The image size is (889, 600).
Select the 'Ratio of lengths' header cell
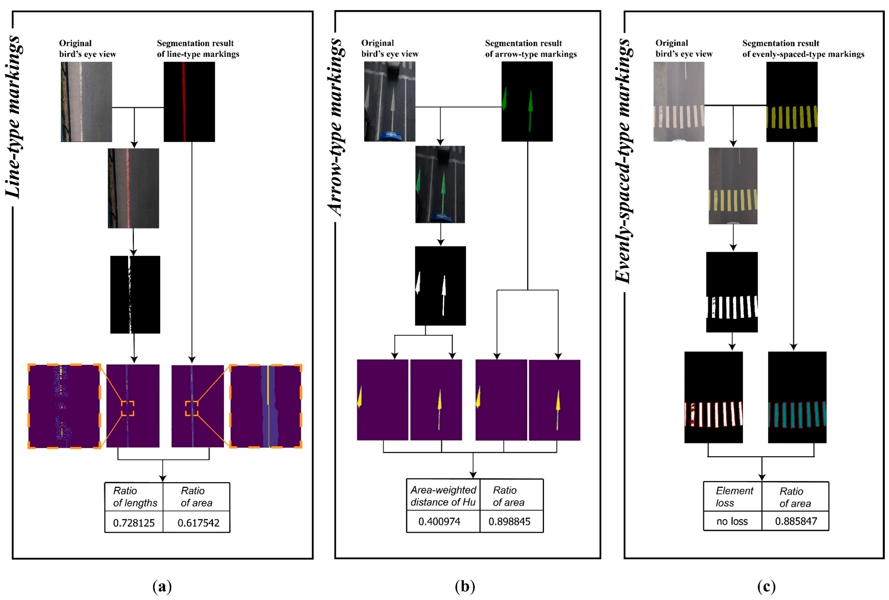(135, 497)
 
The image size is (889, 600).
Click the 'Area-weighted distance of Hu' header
(443, 496)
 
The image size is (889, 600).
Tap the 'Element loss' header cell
(734, 497)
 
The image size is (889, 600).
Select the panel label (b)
(465, 586)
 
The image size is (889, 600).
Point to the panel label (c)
(766, 586)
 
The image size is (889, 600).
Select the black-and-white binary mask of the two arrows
(440, 286)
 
